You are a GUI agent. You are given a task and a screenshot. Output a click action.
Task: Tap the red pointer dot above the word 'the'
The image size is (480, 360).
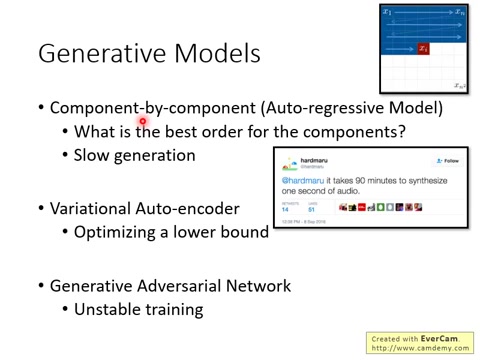[143, 122]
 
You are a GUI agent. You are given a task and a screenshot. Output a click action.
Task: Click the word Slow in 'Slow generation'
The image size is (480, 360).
[92, 156]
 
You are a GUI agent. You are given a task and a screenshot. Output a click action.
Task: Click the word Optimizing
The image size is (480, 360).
[118, 232]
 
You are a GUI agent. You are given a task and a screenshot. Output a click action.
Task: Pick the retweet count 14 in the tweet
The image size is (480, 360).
[285, 209]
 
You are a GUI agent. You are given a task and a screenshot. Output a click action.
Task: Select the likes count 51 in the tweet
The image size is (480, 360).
[312, 209]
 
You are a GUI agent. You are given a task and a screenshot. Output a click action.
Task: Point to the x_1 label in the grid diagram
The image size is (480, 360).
[388, 12]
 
